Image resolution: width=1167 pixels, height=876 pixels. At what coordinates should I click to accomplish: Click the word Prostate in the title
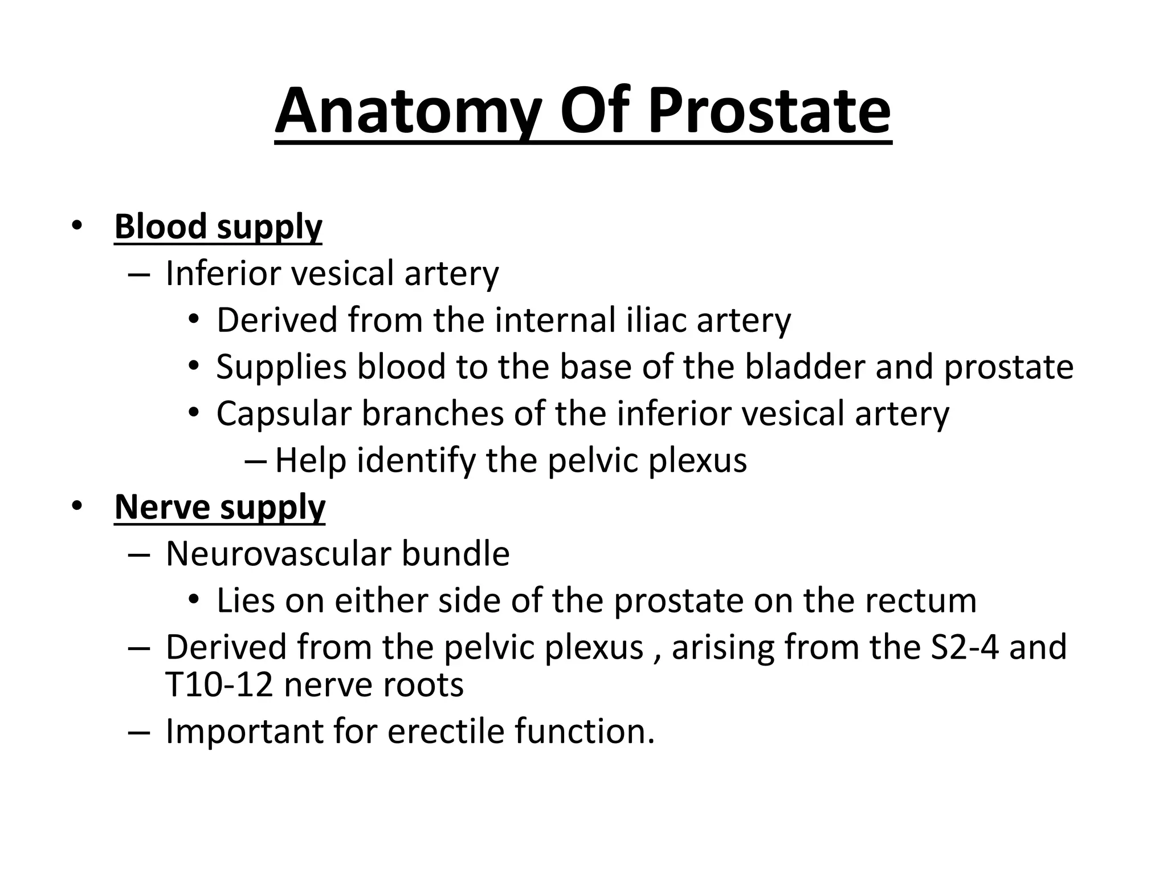click(769, 111)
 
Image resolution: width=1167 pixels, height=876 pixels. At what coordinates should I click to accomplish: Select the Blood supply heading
click(218, 227)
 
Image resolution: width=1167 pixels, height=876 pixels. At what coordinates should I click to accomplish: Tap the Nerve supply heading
click(220, 507)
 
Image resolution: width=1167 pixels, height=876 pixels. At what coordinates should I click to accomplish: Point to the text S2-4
click(964, 647)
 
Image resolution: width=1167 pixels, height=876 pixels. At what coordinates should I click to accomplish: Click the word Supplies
click(281, 367)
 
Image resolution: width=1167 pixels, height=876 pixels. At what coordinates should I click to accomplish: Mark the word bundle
click(455, 554)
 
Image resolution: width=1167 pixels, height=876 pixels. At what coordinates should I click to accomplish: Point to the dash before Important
click(139, 732)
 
